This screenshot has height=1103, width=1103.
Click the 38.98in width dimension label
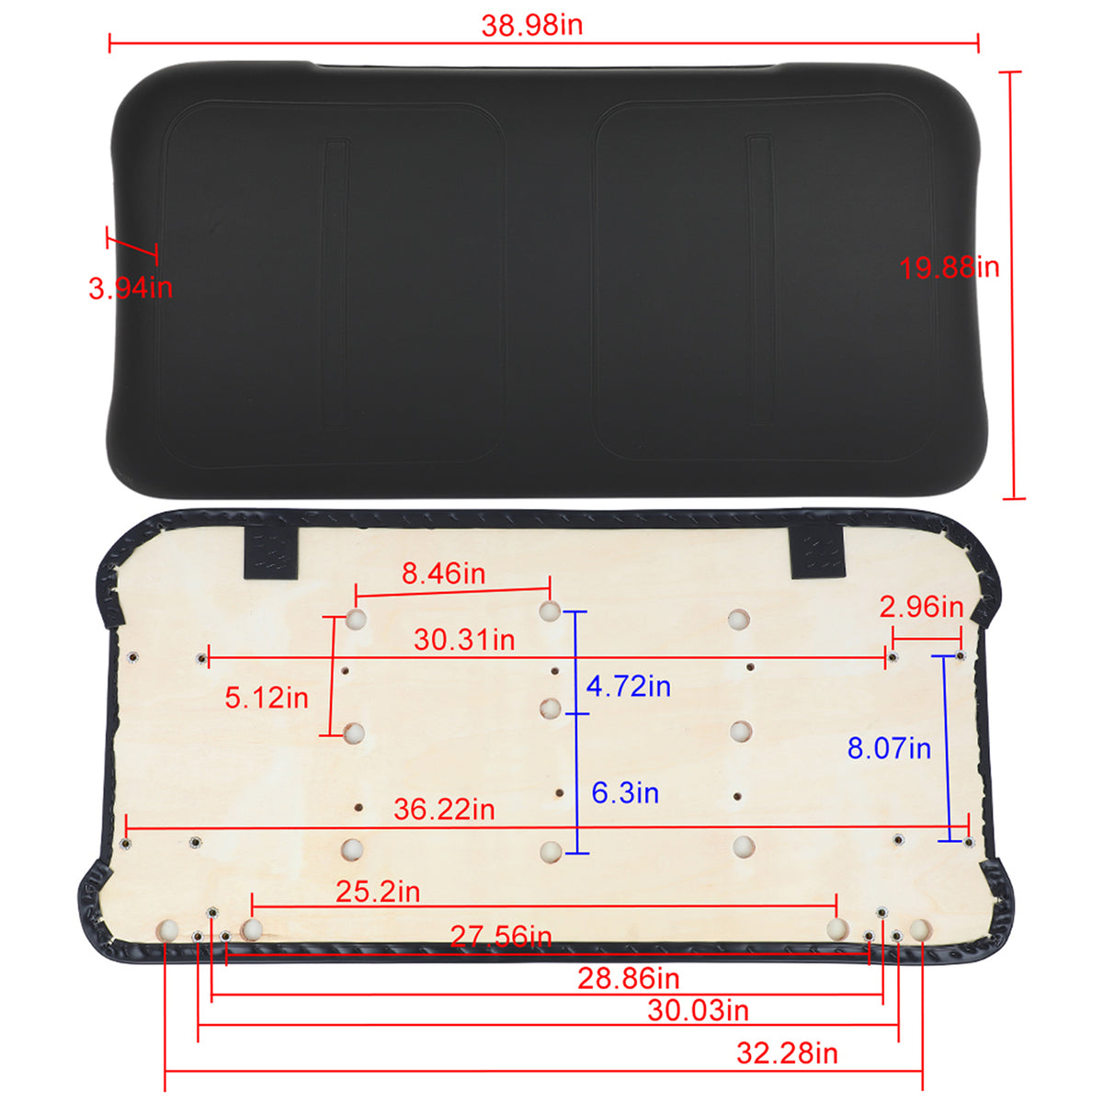532,26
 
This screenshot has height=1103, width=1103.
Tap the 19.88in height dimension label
949,267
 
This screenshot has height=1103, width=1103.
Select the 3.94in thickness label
131,288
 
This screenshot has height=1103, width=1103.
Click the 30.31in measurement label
464,640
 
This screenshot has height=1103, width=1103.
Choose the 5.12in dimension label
267,698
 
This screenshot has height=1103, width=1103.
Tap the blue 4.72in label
629,687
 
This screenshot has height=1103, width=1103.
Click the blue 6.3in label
625,792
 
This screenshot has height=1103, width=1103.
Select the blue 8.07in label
890,748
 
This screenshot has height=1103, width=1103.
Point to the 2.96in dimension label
922,607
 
